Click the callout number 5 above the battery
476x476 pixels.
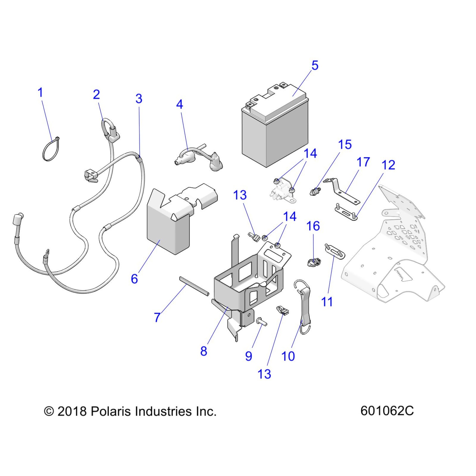tap(315, 66)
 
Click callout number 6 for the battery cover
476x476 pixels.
tap(134, 279)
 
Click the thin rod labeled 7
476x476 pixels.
tap(194, 286)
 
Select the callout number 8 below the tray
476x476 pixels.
tap(204, 351)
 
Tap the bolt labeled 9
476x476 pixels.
tap(262, 323)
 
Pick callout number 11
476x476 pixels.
tap(326, 302)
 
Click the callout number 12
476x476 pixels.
tap(388, 165)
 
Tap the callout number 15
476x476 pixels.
tap(345, 145)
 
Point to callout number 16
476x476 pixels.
tap(313, 226)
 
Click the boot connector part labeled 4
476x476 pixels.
tap(196, 158)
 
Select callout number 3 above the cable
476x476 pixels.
tap(139, 99)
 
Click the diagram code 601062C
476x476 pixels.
tap(387, 411)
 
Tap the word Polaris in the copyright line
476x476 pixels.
tap(111, 412)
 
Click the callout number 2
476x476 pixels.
tap(96, 95)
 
